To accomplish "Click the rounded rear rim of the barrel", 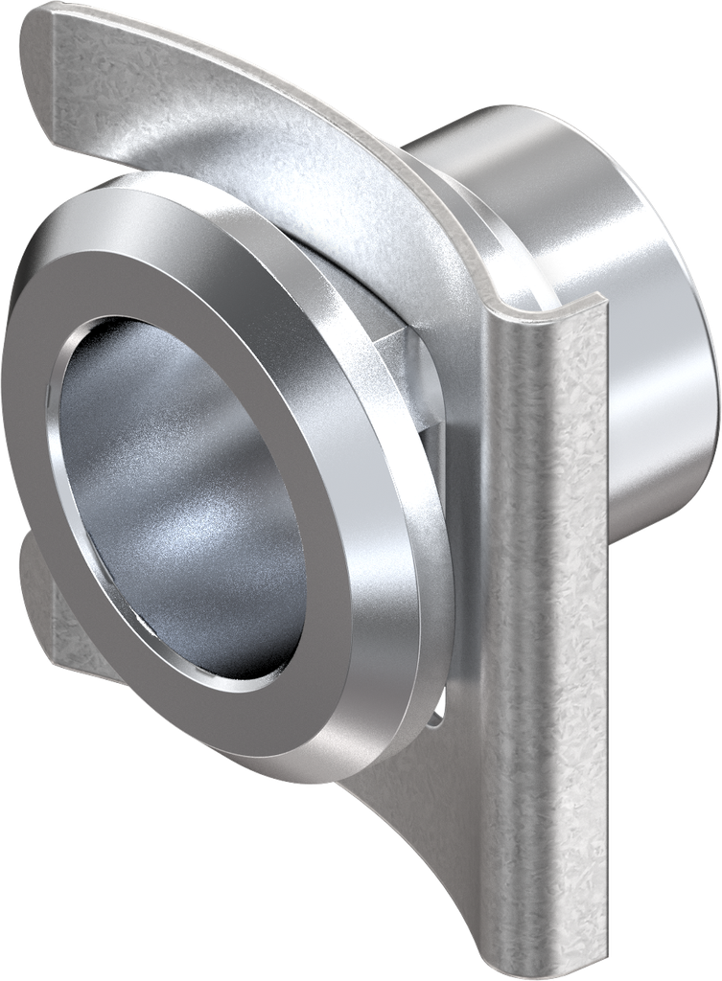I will (x=705, y=383).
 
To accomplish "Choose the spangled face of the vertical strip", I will (x=547, y=623).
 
